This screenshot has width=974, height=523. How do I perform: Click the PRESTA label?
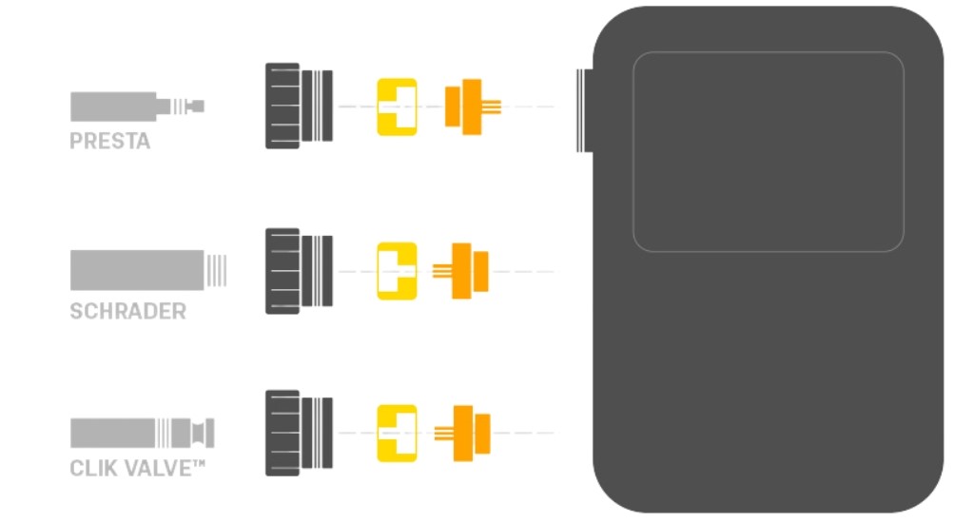pyautogui.click(x=110, y=141)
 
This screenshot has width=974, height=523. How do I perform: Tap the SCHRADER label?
pyautogui.click(x=128, y=311)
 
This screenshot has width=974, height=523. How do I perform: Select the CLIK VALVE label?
pyautogui.click(x=137, y=468)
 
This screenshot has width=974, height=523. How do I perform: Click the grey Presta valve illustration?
pyautogui.click(x=137, y=107)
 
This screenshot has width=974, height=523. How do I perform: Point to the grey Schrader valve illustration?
pyautogui.click(x=147, y=270)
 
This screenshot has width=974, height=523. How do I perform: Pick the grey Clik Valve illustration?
pyautogui.click(x=143, y=433)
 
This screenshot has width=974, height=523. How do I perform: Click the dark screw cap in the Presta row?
pyautogui.click(x=299, y=106)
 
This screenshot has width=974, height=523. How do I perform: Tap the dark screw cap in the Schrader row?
pyautogui.click(x=299, y=271)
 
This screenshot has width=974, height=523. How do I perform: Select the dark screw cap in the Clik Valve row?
pyautogui.click(x=299, y=433)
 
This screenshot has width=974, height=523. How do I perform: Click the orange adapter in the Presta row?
pyautogui.click(x=472, y=107)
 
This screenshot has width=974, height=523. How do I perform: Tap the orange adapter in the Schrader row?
pyautogui.click(x=460, y=271)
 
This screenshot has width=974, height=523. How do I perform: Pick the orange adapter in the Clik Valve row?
pyautogui.click(x=462, y=434)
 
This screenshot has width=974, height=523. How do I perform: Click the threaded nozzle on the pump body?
pyautogui.click(x=585, y=110)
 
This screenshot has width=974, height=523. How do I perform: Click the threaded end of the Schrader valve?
pyautogui.click(x=216, y=270)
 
